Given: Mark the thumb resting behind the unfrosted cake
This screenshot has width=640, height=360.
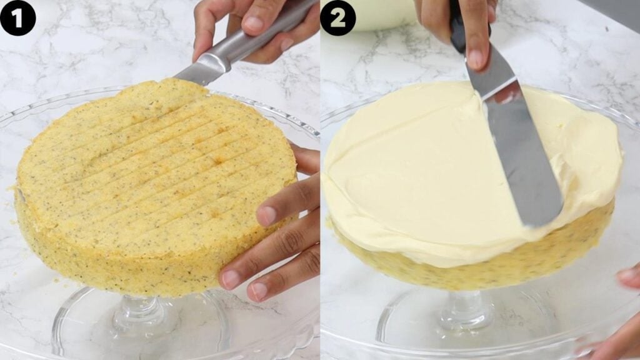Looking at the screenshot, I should coord(306,159).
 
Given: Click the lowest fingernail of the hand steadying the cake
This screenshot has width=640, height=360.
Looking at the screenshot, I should coord(257,291).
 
